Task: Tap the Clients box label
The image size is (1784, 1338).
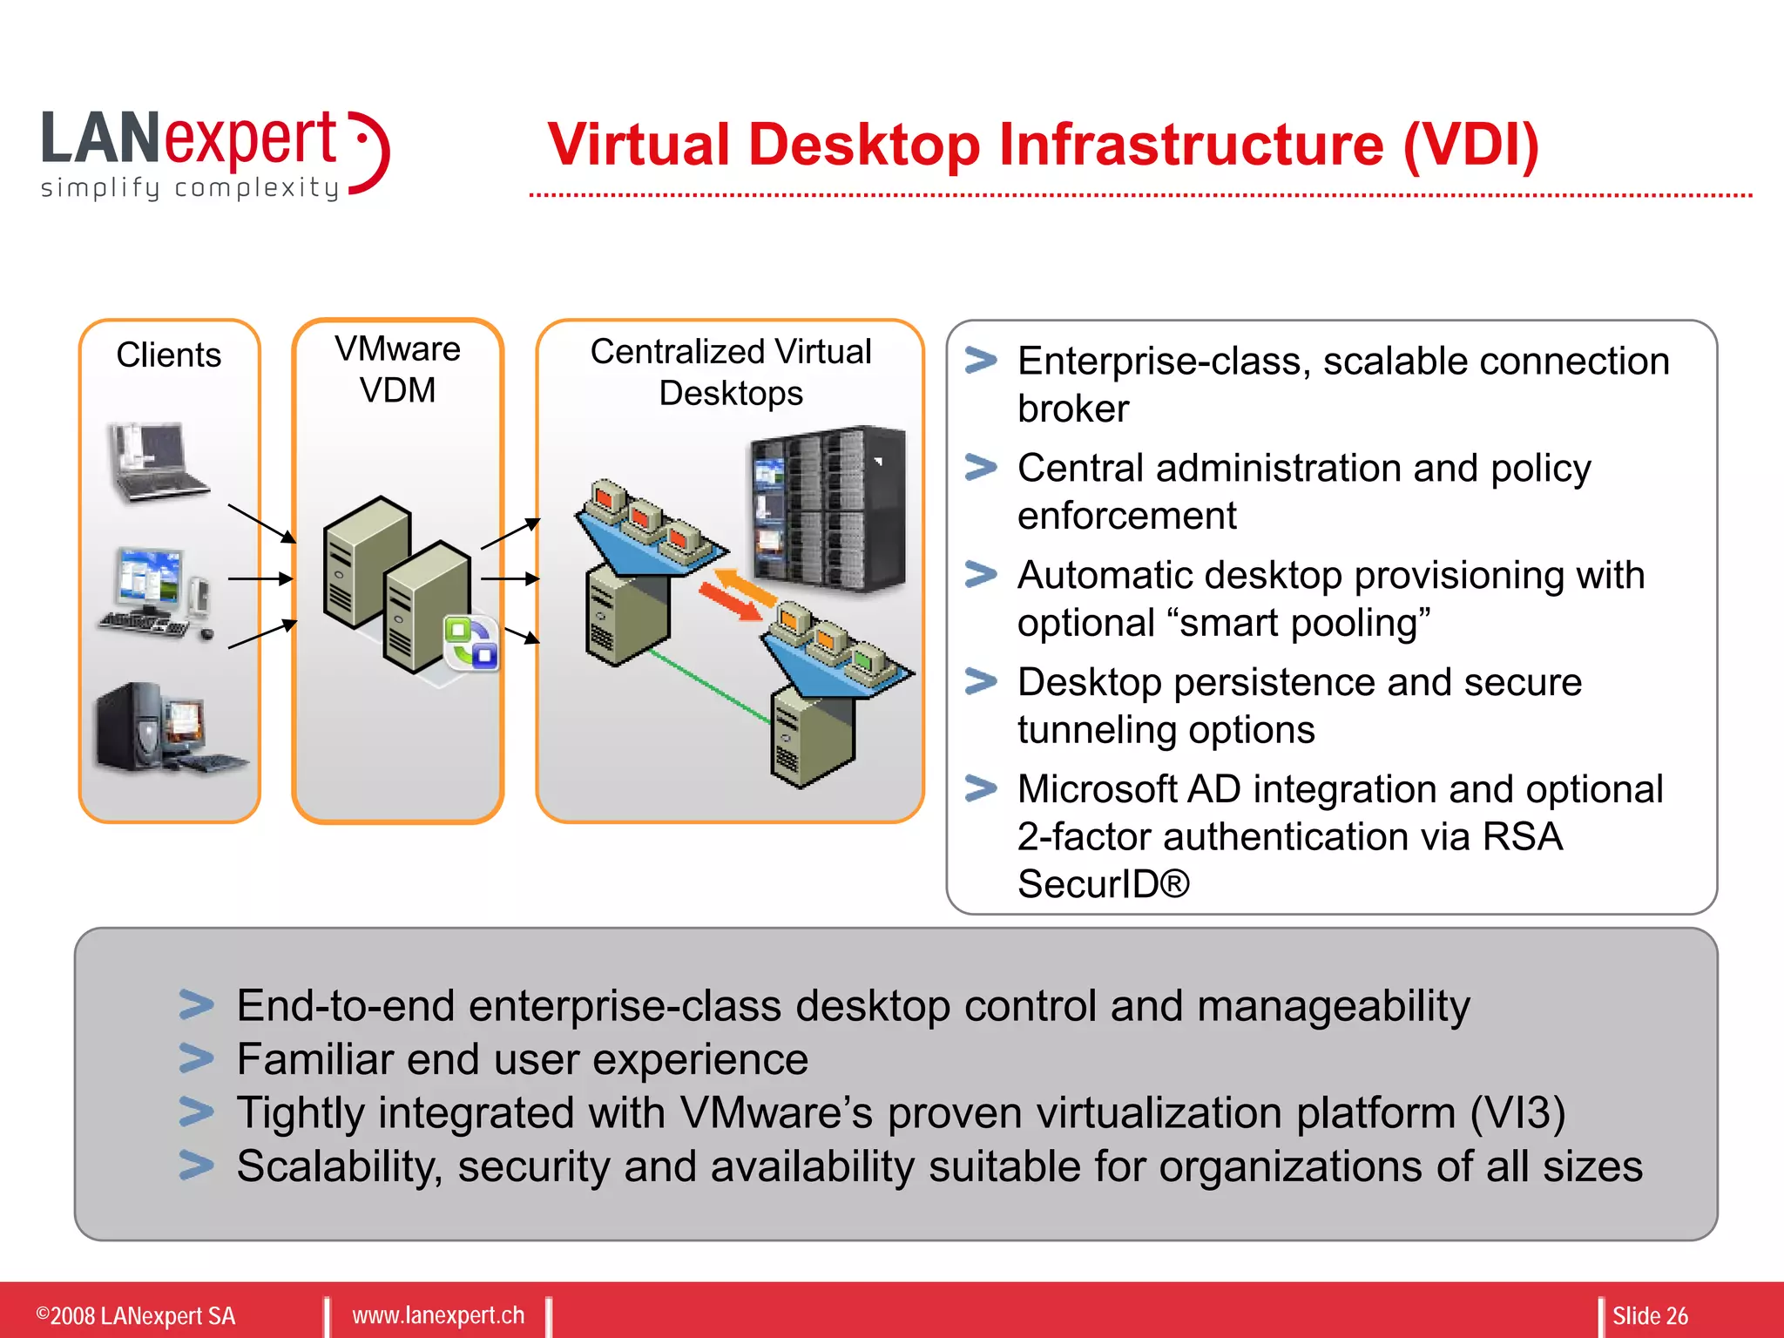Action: pos(169,355)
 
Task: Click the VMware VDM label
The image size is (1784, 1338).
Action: pos(397,369)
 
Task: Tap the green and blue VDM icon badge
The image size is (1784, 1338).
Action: pos(471,643)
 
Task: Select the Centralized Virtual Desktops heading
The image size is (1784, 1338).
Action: pos(730,372)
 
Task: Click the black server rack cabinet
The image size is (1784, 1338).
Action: pos(828,510)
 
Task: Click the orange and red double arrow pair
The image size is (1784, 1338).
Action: pos(736,593)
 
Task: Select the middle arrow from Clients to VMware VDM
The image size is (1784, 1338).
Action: pos(260,578)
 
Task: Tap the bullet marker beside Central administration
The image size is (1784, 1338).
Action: pos(981,468)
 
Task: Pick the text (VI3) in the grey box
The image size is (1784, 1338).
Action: pos(1517,1113)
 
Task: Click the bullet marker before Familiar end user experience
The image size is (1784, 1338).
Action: pos(196,1058)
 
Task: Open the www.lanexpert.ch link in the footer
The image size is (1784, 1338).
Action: pos(438,1315)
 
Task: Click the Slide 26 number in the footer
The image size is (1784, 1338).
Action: pos(1649,1315)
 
